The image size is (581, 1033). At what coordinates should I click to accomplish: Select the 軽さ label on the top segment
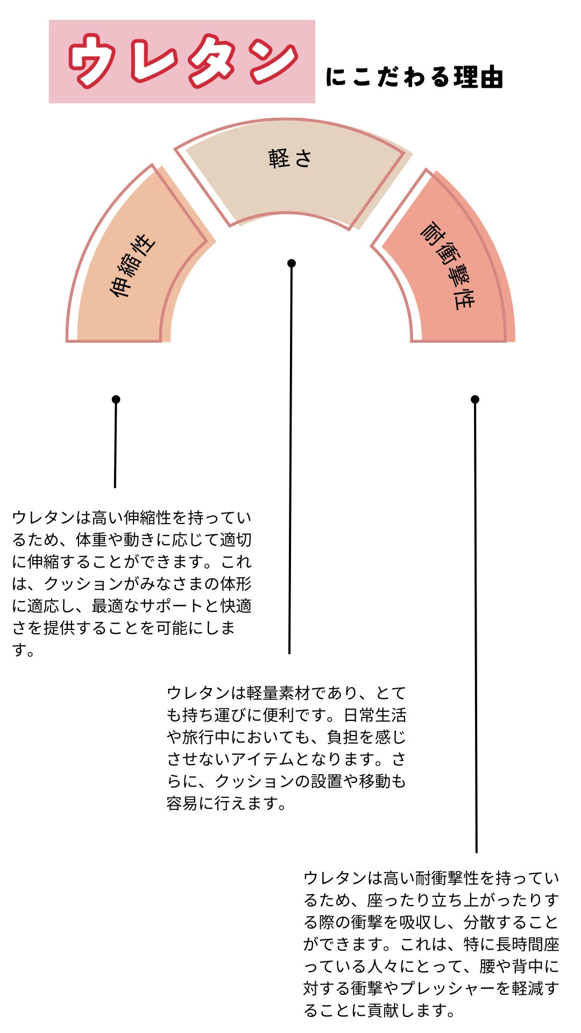pos(290,159)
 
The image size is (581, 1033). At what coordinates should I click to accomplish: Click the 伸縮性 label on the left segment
pos(132,266)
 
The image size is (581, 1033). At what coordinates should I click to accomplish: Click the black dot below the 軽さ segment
pos(292,263)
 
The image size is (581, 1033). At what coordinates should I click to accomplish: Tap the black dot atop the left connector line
pos(116,399)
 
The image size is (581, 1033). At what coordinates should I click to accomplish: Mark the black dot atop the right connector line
pos(475,399)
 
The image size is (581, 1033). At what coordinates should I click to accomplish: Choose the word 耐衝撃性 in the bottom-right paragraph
pos(447,878)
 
